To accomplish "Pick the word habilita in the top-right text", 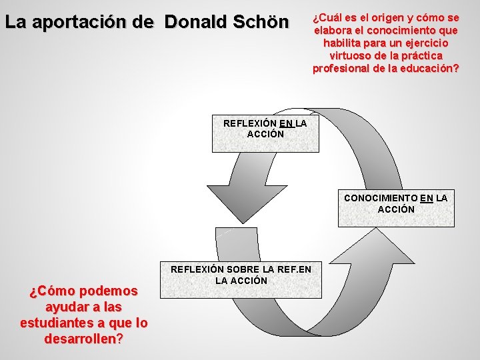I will pos(344,43).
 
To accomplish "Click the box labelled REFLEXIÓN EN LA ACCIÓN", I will pos(265,133).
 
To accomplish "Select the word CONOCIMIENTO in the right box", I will pos(381,198).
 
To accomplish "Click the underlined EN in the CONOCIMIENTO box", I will pos(427,198).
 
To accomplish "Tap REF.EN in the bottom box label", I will pos(304,269).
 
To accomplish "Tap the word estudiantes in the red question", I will pos(57,323).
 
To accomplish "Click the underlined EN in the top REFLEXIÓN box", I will pos(287,123).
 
